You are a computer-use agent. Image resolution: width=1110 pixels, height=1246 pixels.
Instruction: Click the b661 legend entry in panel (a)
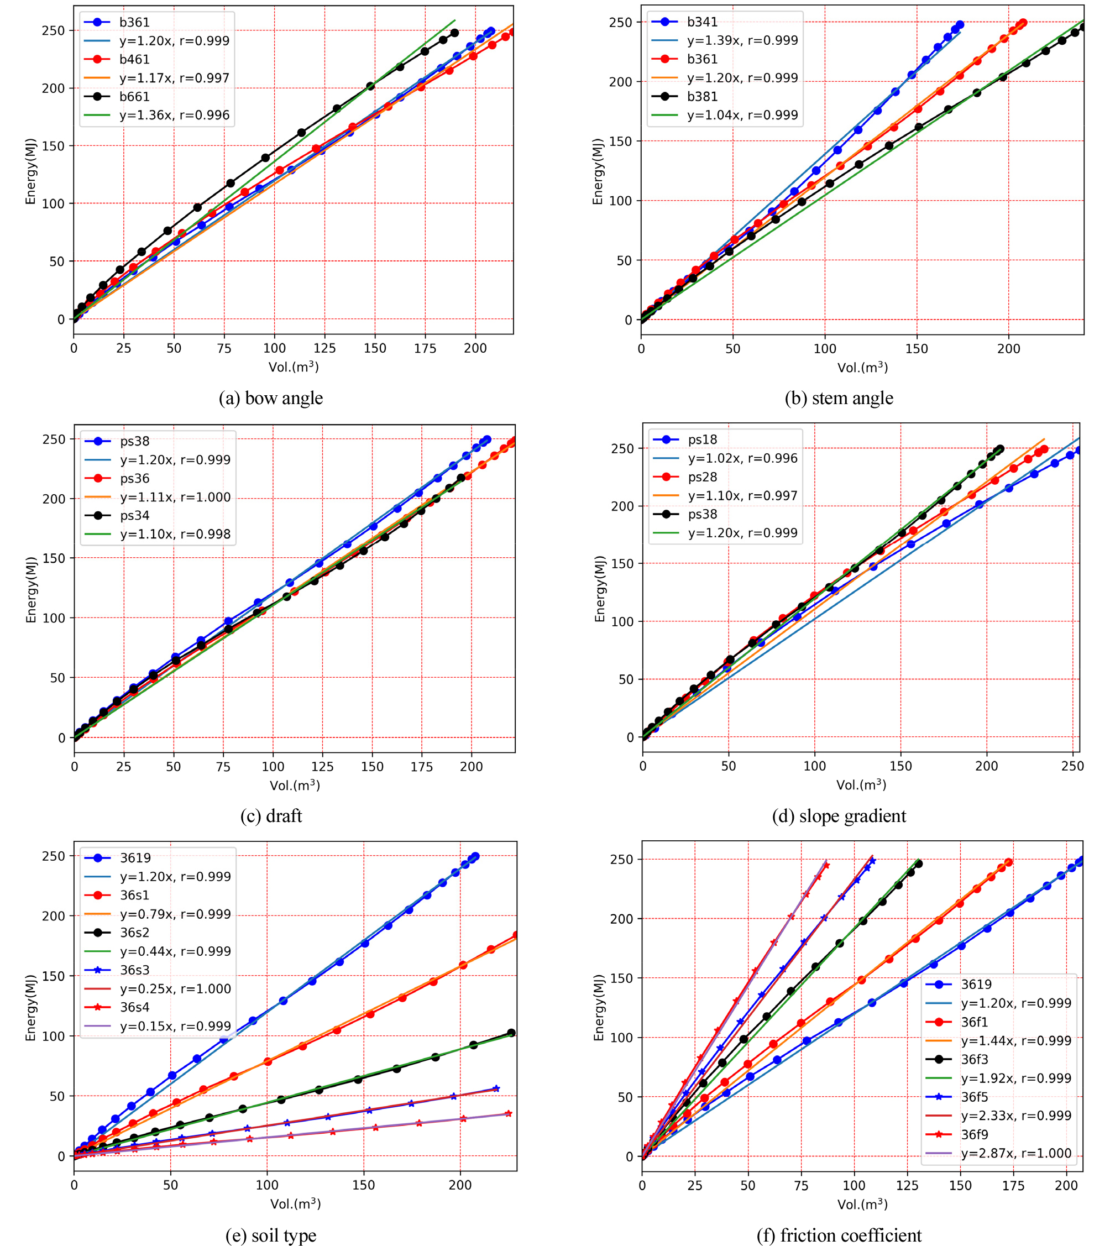[x=134, y=96]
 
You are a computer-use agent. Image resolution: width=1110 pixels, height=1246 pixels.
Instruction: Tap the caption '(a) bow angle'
[x=271, y=398]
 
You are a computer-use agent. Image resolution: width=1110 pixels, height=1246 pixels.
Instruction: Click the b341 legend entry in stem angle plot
[x=702, y=22]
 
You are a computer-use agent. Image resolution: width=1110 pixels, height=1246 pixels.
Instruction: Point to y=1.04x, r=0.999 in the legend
[x=742, y=114]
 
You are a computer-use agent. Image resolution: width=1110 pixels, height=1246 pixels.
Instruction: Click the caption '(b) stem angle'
[x=839, y=398]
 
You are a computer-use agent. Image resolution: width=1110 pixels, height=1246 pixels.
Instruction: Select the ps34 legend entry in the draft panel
[x=135, y=515]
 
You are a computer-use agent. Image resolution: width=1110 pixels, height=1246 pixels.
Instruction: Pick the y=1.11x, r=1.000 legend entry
[x=175, y=497]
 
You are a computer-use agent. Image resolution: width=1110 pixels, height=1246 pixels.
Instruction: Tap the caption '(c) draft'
[x=271, y=816]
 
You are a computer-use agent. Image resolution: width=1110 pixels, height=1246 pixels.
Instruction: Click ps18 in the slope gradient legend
[x=703, y=439]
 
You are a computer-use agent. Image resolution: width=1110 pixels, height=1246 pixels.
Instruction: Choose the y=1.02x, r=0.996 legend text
[x=742, y=458]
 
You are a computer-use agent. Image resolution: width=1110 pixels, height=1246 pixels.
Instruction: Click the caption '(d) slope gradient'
[x=839, y=816]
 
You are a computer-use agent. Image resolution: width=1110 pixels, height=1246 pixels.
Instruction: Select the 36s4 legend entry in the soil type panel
[x=135, y=1007]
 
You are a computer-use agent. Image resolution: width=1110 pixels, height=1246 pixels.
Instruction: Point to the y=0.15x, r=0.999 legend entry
[x=175, y=1026]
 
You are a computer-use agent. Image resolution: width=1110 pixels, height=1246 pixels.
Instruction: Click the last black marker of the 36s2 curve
[x=511, y=1033]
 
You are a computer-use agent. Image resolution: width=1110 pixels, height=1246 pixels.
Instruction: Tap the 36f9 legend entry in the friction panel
[x=975, y=1134]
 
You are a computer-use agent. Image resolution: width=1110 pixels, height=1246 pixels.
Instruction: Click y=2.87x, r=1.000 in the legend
[x=1016, y=1153]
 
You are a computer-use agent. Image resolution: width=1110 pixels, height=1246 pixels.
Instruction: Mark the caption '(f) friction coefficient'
[x=839, y=1235]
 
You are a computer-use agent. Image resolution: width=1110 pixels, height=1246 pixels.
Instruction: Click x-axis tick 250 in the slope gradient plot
[x=1072, y=766]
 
